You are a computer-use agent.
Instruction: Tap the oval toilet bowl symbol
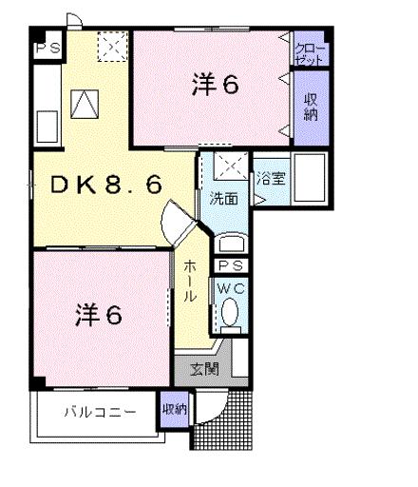coord(232,312)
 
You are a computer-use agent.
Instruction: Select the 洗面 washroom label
coord(224,200)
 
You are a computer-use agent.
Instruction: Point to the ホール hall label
coord(190,282)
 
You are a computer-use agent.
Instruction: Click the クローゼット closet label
coord(310,51)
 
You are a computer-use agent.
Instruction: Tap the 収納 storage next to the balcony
coord(174,410)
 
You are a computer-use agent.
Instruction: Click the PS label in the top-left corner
coord(44,47)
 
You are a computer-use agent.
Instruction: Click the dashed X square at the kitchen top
coord(113,44)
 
